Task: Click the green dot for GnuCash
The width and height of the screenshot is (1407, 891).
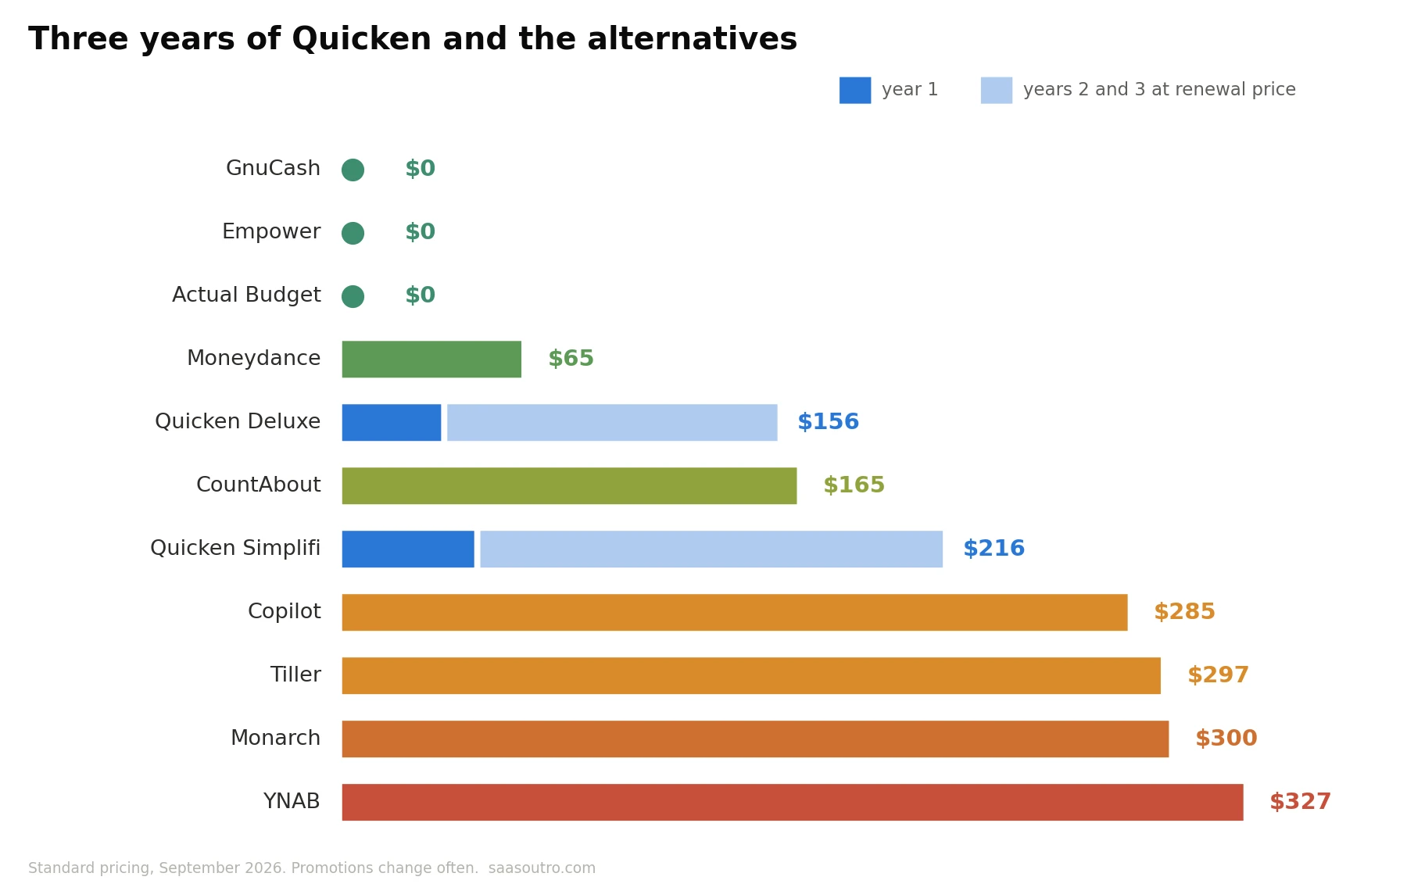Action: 353,170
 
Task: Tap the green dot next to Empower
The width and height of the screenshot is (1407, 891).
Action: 353,233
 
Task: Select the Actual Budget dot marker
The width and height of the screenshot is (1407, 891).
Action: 353,296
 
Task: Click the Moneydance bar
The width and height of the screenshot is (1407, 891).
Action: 431,360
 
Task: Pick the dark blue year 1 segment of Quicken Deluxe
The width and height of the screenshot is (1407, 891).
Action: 392,423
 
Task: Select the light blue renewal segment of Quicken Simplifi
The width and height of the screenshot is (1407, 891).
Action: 711,549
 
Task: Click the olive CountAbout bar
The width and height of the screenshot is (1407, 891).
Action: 569,486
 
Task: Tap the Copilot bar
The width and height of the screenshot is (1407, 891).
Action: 735,613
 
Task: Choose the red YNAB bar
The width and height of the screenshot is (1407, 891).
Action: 793,803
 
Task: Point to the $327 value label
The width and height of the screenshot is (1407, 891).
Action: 1300,802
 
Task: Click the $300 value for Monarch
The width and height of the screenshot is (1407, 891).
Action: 1226,739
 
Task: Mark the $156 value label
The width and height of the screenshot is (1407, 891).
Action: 828,422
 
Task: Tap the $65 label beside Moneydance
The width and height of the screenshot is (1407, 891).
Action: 571,359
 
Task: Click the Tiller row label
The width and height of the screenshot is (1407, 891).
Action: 295,675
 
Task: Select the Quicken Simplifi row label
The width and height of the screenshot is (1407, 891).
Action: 235,549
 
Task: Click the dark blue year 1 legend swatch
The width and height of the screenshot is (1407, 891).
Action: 855,90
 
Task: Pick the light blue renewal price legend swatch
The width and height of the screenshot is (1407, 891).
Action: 997,90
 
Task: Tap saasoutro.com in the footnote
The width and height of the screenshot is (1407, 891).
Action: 542,868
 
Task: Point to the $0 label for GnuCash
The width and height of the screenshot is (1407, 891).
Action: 420,169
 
